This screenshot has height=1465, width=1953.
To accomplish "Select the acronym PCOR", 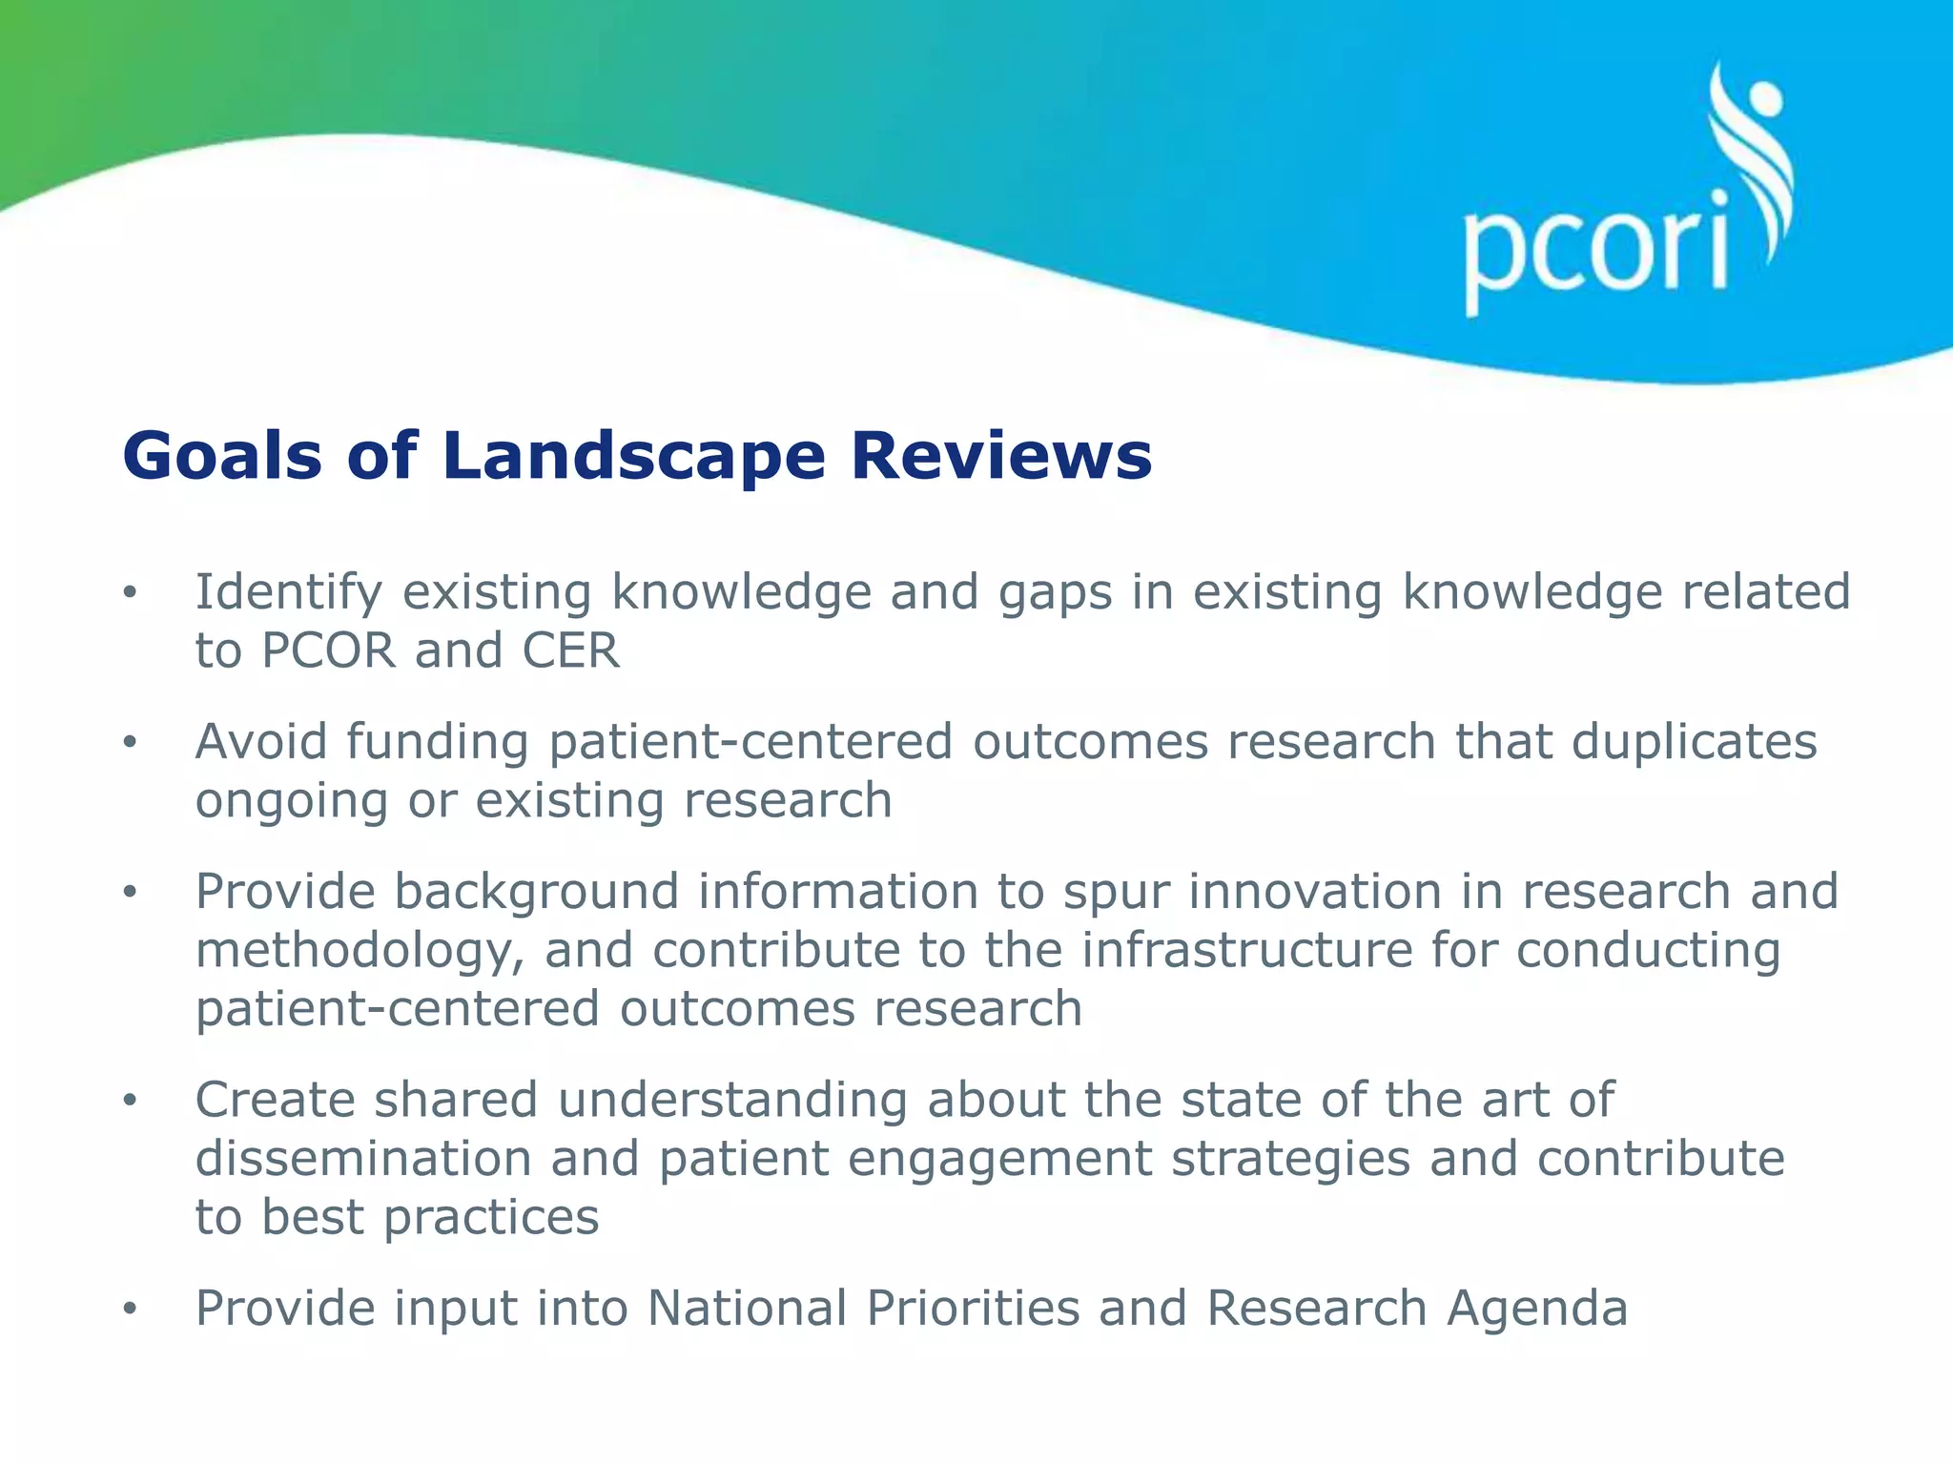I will click(328, 651).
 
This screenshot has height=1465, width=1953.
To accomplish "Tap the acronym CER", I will click(570, 651).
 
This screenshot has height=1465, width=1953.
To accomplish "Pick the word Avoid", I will click(261, 742).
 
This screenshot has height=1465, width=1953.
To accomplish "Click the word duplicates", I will click(1694, 742).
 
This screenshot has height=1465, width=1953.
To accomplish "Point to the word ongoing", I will click(291, 802).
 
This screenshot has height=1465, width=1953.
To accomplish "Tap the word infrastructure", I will click(1246, 950).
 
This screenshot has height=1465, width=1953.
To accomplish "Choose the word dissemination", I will click(363, 1159).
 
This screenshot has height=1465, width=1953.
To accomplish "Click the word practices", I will click(491, 1218).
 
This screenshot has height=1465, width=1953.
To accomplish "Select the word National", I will click(747, 1308).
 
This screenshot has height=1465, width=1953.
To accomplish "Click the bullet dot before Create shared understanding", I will click(130, 1101).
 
